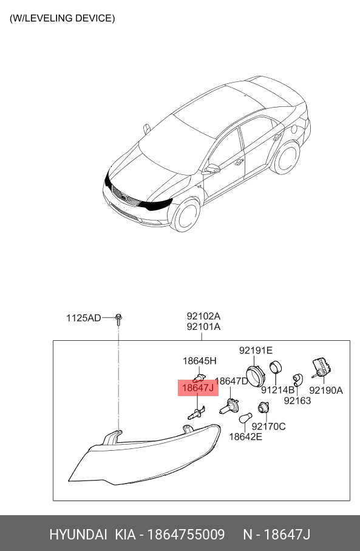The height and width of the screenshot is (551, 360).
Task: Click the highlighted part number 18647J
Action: point(198,388)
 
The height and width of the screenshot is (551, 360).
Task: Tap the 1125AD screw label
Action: point(84,318)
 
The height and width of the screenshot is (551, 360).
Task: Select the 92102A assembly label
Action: point(203,317)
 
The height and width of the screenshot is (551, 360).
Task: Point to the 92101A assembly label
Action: point(203,327)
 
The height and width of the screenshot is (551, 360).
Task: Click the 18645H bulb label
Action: point(200,361)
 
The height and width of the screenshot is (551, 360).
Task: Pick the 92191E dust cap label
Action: point(256,351)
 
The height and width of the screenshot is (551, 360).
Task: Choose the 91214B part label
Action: point(278,390)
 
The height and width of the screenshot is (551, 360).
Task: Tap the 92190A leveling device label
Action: point(326,390)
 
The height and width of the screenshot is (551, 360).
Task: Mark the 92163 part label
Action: point(297,400)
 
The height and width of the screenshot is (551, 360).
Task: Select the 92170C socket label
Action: point(269,426)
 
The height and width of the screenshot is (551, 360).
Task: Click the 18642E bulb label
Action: point(245,437)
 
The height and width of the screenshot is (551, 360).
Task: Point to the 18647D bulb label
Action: point(232,382)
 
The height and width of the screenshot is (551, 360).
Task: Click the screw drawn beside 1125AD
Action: point(119,319)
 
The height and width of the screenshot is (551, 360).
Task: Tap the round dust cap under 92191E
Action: point(256,376)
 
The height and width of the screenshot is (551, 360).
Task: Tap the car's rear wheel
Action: point(287,157)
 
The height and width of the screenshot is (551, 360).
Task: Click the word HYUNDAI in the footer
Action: point(78,535)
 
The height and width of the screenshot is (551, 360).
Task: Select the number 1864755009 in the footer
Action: point(186,535)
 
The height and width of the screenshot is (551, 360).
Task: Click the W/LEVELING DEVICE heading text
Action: point(62,18)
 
